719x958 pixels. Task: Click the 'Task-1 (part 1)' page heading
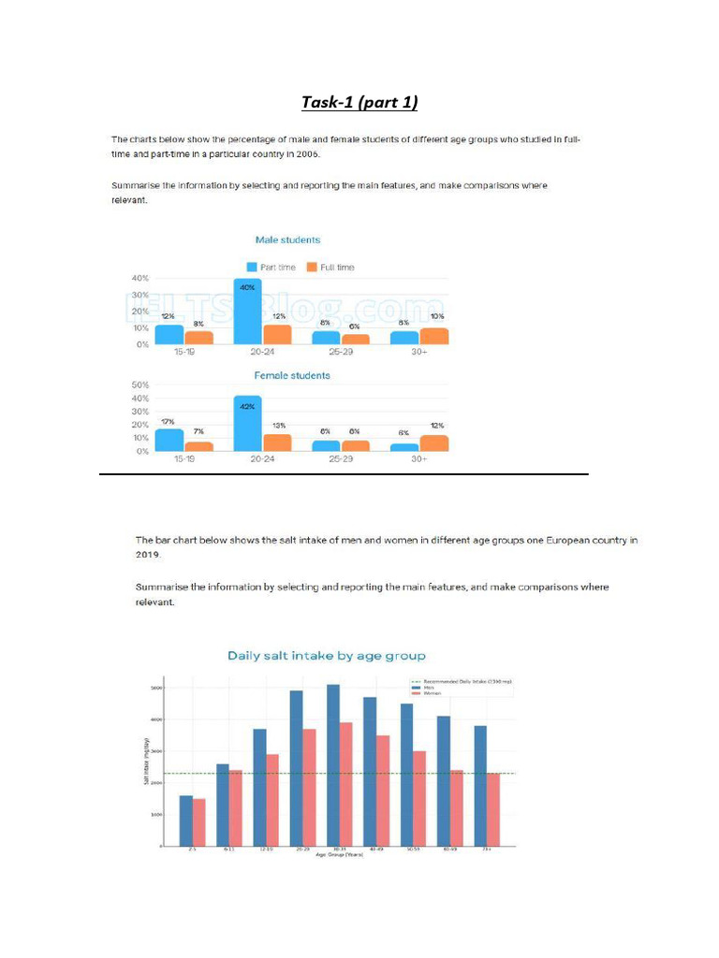(359, 101)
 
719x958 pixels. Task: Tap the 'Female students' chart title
(292, 375)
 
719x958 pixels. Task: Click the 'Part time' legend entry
(271, 268)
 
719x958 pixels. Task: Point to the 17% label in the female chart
(169, 423)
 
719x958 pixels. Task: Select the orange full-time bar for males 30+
(434, 336)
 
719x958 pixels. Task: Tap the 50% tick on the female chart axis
(141, 385)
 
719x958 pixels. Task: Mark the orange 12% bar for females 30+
(434, 443)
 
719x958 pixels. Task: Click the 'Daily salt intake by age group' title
(327, 656)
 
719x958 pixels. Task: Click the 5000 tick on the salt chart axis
(158, 689)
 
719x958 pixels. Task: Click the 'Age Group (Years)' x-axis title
(339, 855)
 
